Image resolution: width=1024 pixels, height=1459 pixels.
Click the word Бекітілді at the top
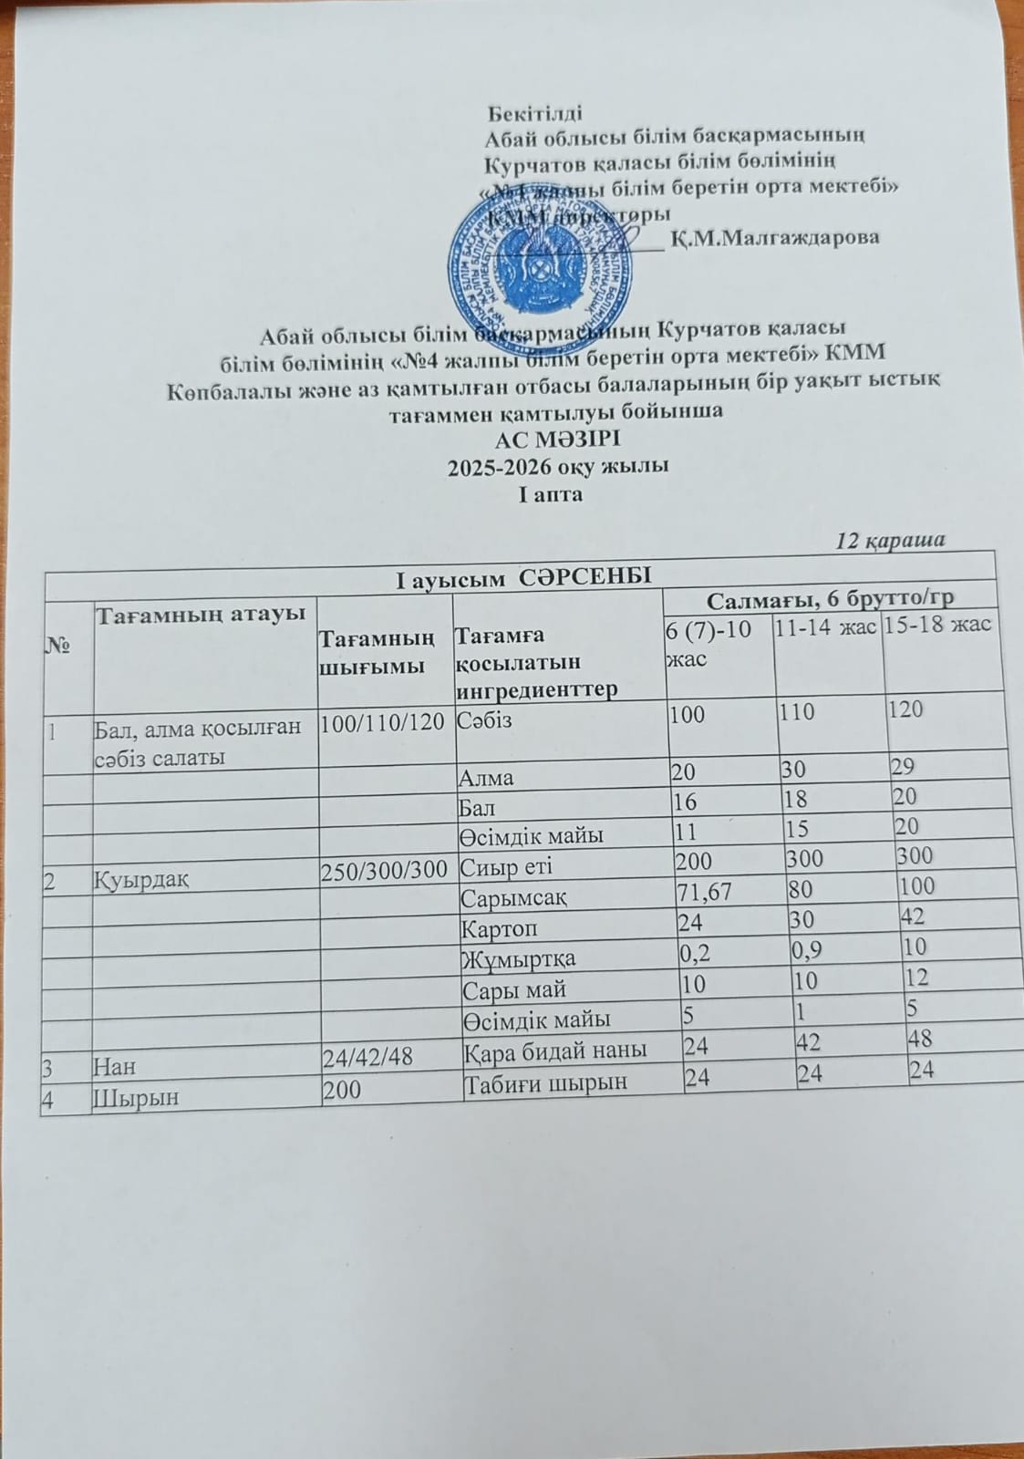[x=534, y=114]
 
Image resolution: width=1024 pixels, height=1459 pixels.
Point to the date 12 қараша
[x=891, y=541]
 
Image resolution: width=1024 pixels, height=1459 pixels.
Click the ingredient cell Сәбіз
[x=487, y=719]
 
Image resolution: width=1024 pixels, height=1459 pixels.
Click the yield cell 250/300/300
[x=384, y=869]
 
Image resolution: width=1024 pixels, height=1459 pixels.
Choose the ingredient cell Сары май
[x=515, y=988]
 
